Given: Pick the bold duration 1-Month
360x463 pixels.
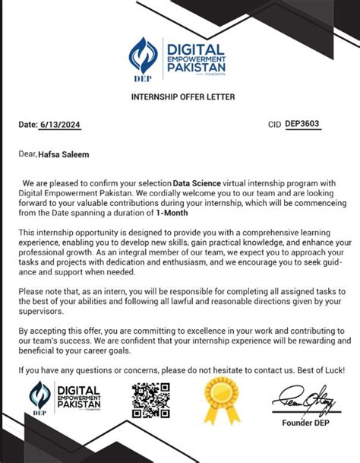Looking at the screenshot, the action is [171, 213].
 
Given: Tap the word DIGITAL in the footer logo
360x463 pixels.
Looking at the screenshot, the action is [84, 389].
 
